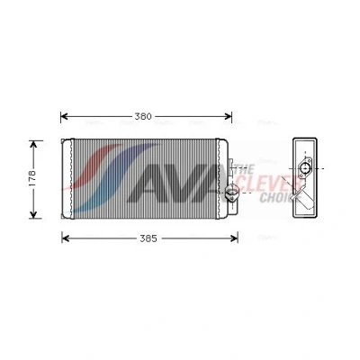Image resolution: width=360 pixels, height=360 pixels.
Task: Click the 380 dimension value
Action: pyautogui.click(x=143, y=116)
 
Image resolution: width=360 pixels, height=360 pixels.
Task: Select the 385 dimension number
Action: pyautogui.click(x=148, y=238)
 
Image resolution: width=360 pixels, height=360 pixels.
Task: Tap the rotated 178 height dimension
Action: pyautogui.click(x=32, y=178)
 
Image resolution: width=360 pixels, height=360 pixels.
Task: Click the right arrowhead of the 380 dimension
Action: pyautogui.click(x=228, y=116)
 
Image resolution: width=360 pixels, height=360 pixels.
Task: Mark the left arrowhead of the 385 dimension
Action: pyautogui.click(x=66, y=238)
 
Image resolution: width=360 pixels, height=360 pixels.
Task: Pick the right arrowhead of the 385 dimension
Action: pyautogui.click(x=234, y=238)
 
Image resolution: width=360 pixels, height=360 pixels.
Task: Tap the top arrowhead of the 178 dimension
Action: pyautogui.click(x=33, y=145)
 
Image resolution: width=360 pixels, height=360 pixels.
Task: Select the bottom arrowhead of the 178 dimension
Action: pyautogui.click(x=33, y=214)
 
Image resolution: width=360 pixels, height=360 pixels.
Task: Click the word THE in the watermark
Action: pyautogui.click(x=244, y=170)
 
